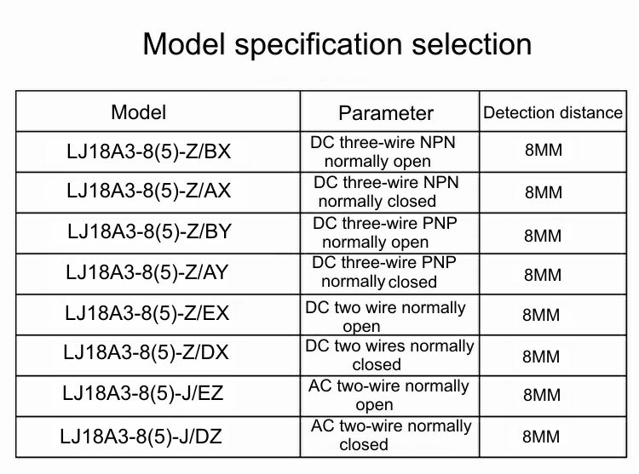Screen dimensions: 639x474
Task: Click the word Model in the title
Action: click(x=184, y=44)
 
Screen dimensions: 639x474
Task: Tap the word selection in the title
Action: click(x=472, y=44)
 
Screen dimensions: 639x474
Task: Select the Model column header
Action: click(x=139, y=112)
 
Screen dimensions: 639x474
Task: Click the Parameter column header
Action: click(x=386, y=113)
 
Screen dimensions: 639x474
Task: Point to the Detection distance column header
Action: click(x=553, y=112)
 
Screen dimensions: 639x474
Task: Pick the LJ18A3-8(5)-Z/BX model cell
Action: click(x=149, y=151)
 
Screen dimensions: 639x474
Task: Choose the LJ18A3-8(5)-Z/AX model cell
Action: click(x=149, y=191)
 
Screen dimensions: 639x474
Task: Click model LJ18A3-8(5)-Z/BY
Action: click(x=150, y=231)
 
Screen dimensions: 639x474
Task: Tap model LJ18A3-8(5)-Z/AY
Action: click(x=147, y=271)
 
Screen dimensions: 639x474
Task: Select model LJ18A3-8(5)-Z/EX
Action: click(x=147, y=313)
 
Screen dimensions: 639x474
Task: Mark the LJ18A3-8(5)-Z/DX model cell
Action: click(x=146, y=352)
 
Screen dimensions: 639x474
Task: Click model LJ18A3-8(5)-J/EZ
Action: click(x=143, y=393)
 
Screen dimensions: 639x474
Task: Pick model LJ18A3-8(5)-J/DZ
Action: click(x=141, y=437)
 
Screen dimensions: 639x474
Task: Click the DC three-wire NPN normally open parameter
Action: click(x=383, y=151)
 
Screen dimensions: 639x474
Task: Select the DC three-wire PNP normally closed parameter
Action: click(x=384, y=272)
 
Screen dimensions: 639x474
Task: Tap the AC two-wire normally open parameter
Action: click(x=389, y=395)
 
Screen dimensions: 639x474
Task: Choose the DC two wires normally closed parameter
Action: click(x=389, y=355)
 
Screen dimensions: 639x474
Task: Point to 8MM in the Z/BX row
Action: click(x=544, y=150)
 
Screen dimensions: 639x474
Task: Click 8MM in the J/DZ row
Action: click(x=541, y=437)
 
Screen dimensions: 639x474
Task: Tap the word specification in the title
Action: click(x=319, y=45)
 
